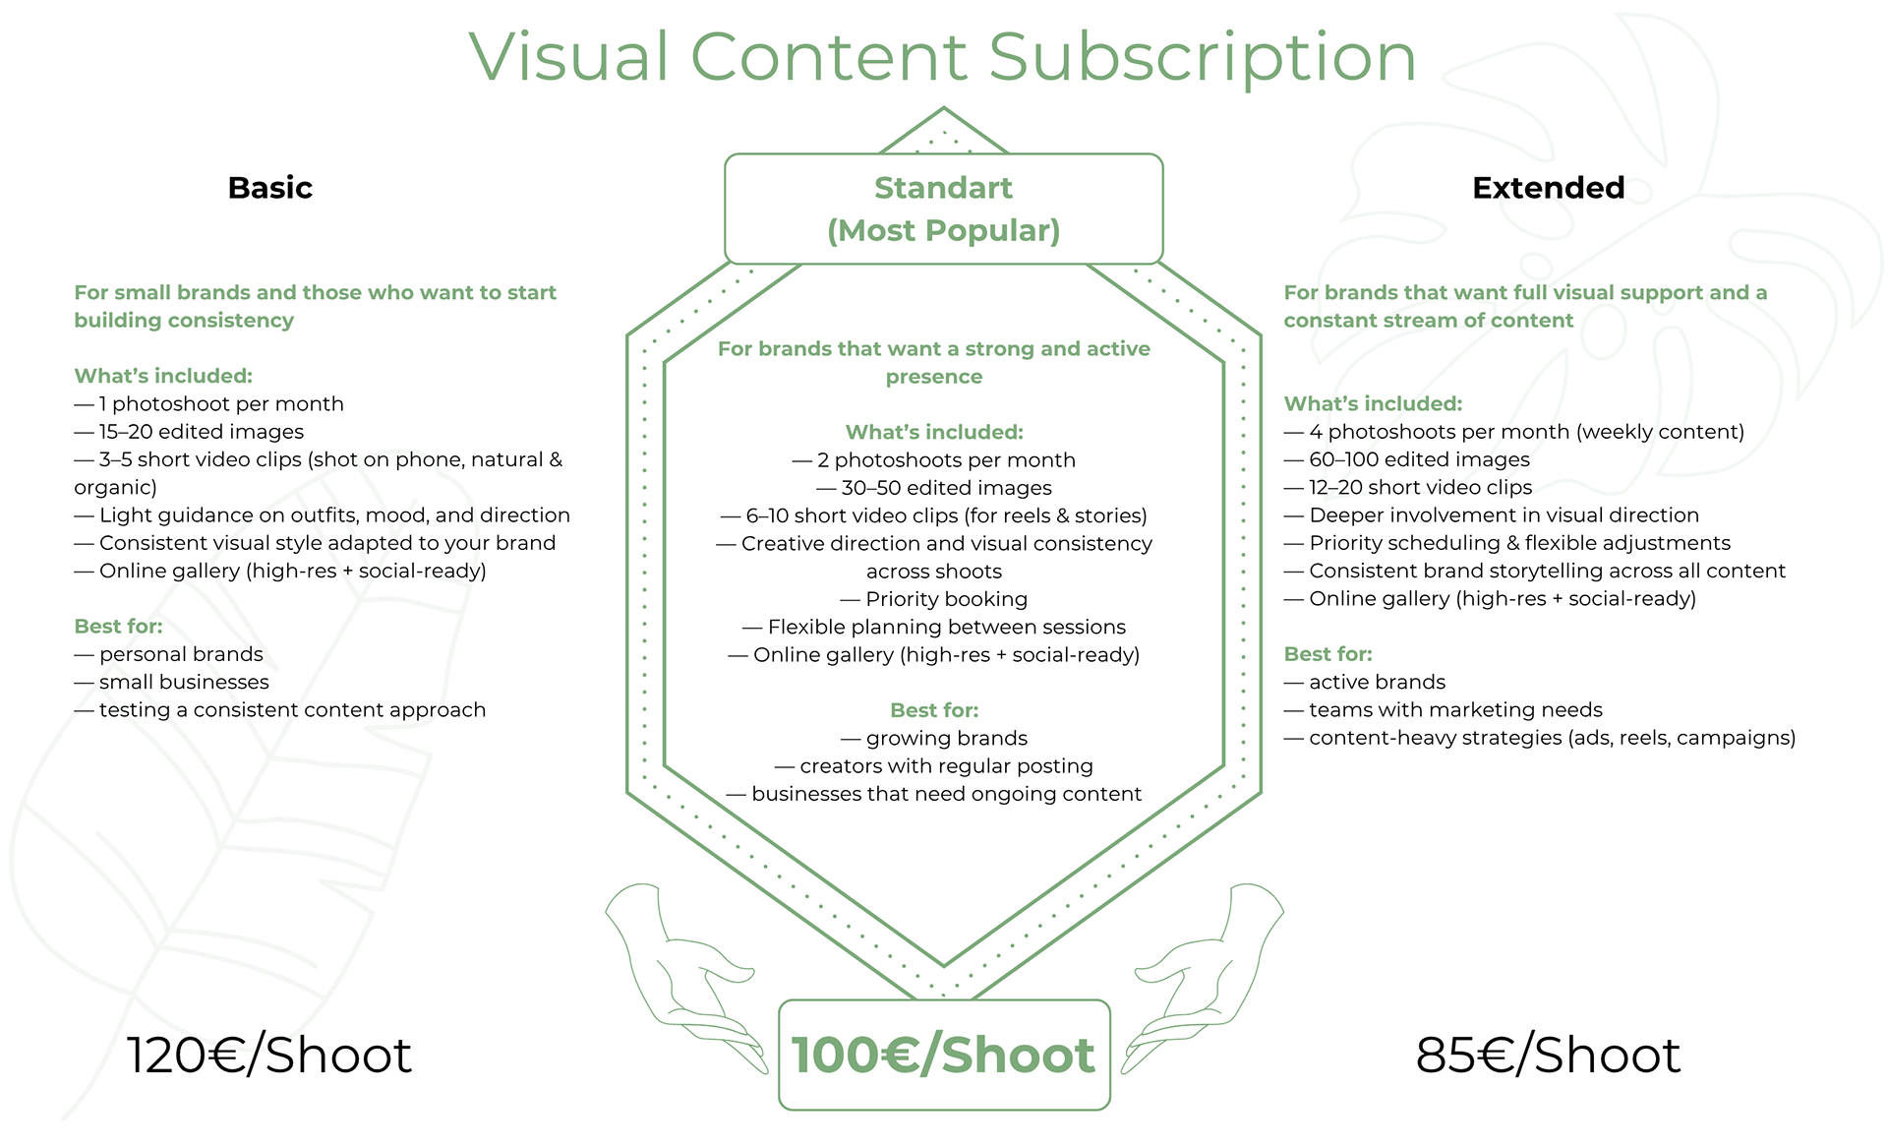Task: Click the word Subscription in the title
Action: point(1201,57)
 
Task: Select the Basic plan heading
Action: point(269,188)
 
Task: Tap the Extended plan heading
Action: point(1548,188)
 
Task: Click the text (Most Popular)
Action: point(943,231)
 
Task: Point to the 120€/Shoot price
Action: point(268,1056)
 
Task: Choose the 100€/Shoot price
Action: point(943,1056)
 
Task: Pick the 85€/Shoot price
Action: point(1548,1056)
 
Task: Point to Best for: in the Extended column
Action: point(1327,654)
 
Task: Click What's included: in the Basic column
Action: point(163,376)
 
